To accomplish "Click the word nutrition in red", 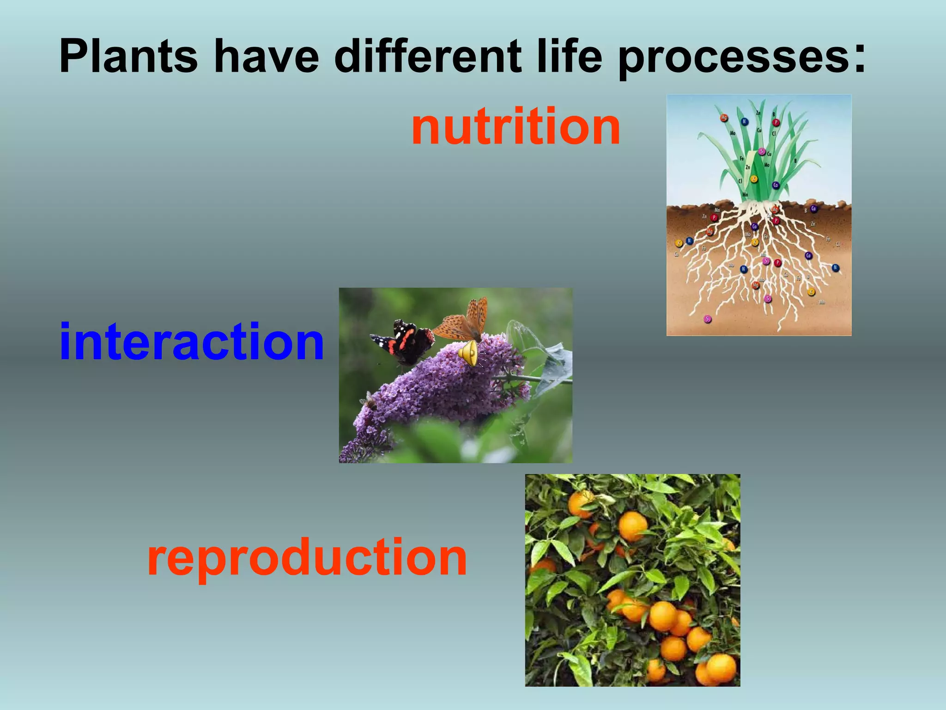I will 515,127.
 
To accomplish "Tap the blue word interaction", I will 192,342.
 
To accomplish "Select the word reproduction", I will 307,558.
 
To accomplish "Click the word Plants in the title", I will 129,57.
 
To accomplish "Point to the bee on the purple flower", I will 369,402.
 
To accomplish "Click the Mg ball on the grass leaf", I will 724,118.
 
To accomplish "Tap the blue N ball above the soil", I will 744,122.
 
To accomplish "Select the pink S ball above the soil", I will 762,152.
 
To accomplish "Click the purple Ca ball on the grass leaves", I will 776,185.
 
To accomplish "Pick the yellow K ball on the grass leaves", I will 754,179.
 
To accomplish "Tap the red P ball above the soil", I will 776,122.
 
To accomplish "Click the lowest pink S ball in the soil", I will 707,319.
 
